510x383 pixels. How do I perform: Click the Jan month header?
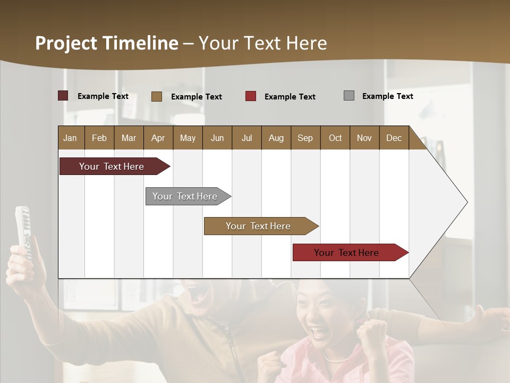coord(71,138)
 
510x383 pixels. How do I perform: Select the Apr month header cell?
coord(158,138)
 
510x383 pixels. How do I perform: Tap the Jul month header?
coord(246,138)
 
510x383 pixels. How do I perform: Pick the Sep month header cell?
coord(305,138)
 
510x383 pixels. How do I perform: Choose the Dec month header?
coord(394,138)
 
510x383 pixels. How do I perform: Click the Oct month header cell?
coord(335,138)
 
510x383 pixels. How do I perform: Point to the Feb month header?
coord(99,138)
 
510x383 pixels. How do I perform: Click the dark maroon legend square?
coord(63,96)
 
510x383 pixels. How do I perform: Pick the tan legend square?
coord(157,96)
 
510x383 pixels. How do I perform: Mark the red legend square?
coord(251,96)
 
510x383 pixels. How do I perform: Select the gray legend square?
coord(349,96)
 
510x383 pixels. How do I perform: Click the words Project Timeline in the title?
coord(106,43)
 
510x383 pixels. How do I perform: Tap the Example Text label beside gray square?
coord(387,96)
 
